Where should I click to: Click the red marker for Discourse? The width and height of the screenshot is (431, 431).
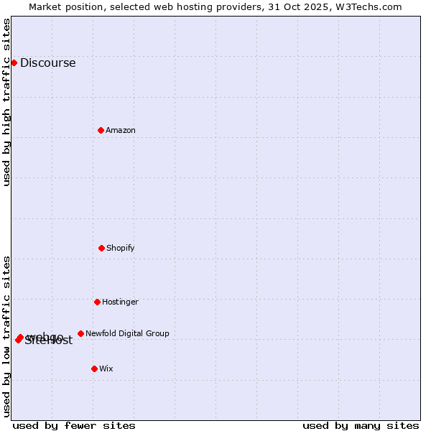click(x=14, y=62)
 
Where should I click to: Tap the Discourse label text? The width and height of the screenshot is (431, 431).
click(x=47, y=63)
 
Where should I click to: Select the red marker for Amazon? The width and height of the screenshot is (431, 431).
click(x=101, y=130)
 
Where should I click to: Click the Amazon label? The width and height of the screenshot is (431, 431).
click(x=121, y=131)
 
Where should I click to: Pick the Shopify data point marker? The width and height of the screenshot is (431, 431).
click(x=101, y=248)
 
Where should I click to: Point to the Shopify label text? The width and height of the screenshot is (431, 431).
click(x=121, y=249)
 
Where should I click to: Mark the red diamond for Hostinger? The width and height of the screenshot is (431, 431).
click(x=97, y=302)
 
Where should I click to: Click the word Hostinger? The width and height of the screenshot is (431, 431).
click(x=120, y=302)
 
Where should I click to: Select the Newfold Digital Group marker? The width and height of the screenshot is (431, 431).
click(x=80, y=333)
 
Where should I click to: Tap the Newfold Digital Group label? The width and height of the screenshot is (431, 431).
click(x=127, y=334)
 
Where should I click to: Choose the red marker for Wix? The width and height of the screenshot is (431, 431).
click(x=94, y=369)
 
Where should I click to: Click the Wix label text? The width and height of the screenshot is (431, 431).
click(x=106, y=369)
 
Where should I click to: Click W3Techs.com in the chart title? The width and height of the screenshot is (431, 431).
click(x=371, y=7)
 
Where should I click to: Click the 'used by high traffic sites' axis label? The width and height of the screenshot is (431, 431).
click(x=7, y=102)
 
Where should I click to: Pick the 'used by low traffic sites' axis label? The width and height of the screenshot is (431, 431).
click(x=7, y=336)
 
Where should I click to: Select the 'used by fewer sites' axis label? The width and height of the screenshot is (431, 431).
click(x=74, y=426)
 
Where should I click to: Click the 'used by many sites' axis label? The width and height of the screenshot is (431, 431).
click(x=361, y=426)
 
